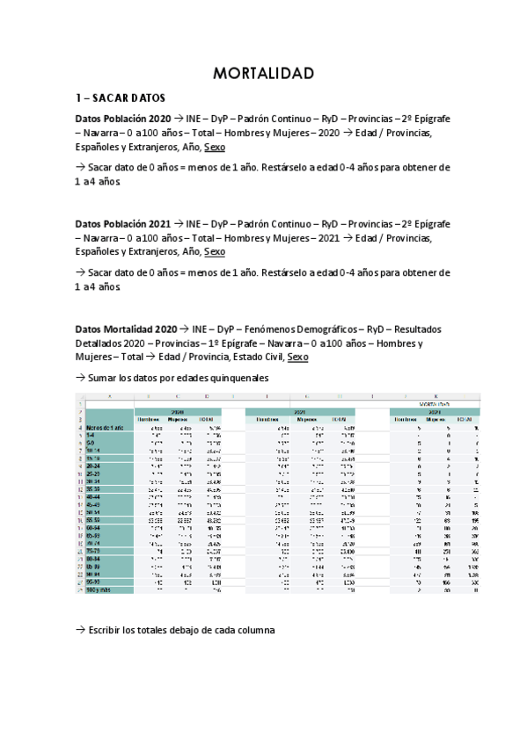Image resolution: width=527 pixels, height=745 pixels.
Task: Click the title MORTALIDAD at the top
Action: (x=263, y=73)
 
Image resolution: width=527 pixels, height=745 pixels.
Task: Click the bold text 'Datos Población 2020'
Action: (x=123, y=119)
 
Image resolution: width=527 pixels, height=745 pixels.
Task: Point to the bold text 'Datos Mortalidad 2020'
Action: (x=127, y=329)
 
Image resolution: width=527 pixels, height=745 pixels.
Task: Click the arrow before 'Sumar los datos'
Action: (x=80, y=377)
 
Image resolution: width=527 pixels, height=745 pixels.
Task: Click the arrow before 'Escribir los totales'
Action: (x=80, y=630)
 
